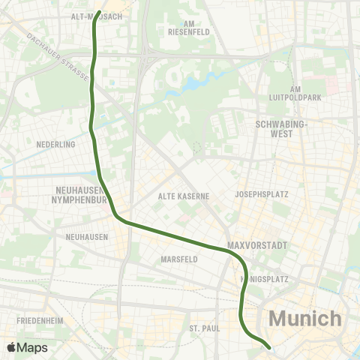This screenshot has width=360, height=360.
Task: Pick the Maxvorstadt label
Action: [x=257, y=245]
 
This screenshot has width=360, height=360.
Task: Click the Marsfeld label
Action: [x=179, y=259]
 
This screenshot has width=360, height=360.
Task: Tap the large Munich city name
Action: [x=304, y=318]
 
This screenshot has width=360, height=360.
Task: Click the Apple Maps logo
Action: [x=27, y=347]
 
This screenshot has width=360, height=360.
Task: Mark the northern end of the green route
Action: [x=99, y=13]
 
